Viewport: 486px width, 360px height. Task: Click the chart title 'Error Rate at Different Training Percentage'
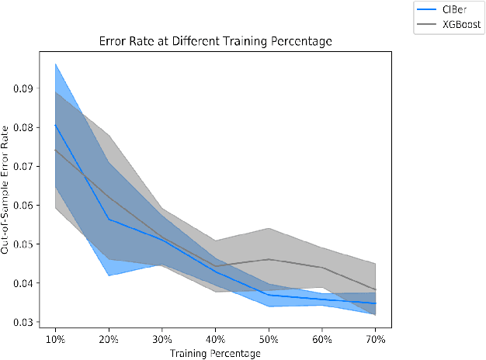(215, 42)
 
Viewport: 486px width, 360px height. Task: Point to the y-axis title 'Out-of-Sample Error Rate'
(9, 191)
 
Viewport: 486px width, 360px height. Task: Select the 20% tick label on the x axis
(109, 339)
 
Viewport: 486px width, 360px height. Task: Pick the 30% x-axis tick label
(162, 339)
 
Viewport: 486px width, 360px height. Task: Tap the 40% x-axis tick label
(215, 339)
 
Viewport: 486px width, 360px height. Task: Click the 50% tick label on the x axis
(269, 339)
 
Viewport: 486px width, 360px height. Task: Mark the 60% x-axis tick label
(321, 339)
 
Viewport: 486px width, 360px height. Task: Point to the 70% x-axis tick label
(374, 339)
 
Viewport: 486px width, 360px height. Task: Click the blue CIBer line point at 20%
(109, 219)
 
